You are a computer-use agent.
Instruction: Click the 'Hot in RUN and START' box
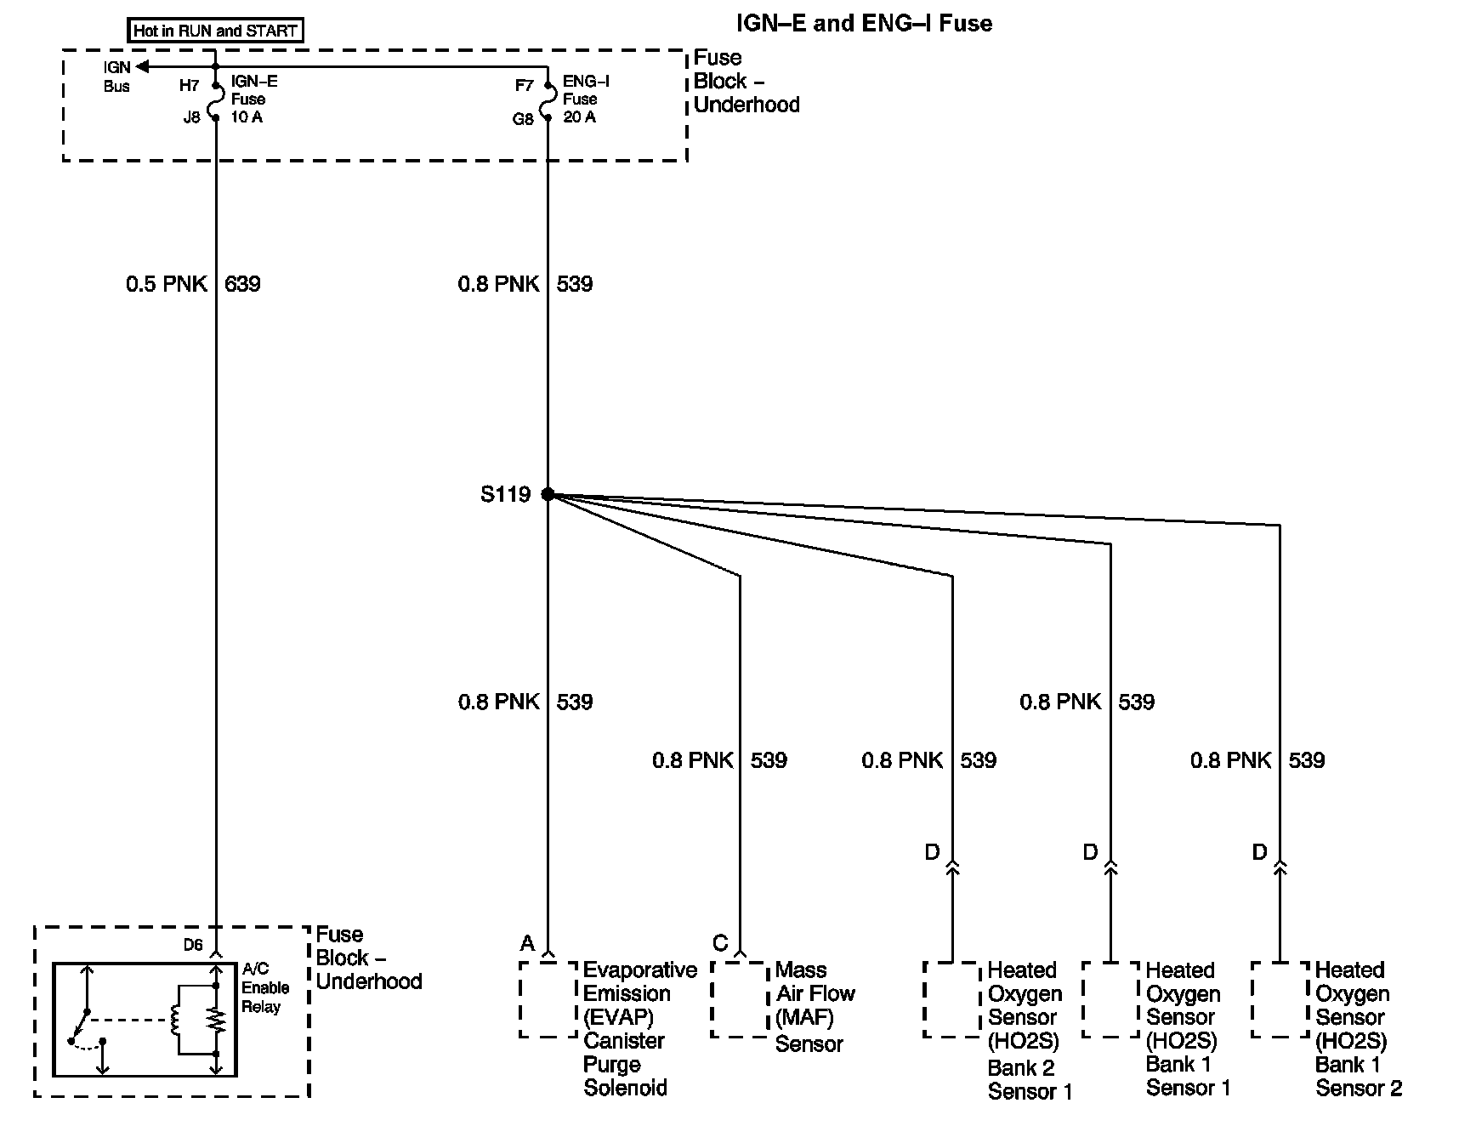pos(216,31)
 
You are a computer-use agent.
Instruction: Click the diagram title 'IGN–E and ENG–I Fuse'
pos(864,23)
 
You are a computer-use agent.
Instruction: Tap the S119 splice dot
pos(548,494)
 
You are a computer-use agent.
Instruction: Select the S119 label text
pos(505,494)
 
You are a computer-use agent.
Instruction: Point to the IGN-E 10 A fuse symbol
pos(216,99)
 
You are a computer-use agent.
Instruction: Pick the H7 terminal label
pos(189,86)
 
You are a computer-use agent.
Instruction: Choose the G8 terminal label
pos(522,119)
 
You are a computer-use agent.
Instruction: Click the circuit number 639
pos(242,284)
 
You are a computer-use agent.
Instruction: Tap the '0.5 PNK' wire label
pos(166,284)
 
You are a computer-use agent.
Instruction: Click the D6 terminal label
pos(193,945)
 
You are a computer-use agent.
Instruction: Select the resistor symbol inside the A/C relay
pos(216,1020)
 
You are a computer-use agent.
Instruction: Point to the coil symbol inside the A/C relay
pos(177,1020)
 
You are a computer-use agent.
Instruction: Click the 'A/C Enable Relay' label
pos(265,988)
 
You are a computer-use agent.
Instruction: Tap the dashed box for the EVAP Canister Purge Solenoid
pos(548,999)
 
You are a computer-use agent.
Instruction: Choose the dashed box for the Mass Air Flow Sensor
pos(741,999)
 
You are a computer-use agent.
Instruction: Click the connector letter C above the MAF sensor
pos(720,943)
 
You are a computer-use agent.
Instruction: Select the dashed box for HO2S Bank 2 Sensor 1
pos(951,999)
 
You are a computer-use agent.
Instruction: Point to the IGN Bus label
pos(117,77)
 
